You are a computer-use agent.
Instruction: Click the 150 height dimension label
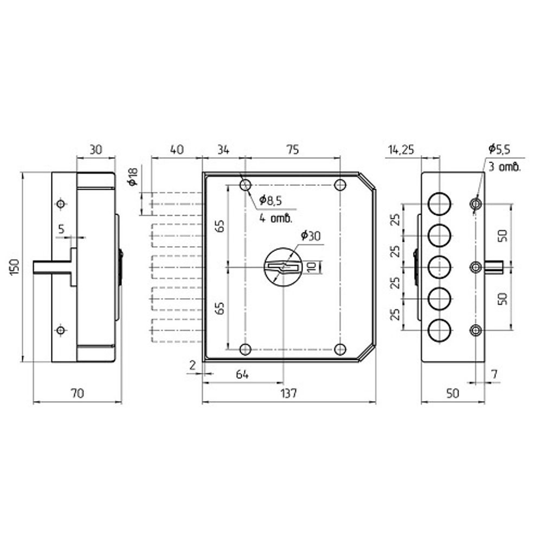15,267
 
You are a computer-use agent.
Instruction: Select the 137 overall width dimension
289,393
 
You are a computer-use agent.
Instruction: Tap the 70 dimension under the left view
78,393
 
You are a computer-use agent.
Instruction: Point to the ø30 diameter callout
311,236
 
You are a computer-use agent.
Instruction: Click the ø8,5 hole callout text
270,200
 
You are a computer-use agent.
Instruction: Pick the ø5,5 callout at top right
499,149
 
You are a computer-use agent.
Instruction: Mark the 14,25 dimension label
401,150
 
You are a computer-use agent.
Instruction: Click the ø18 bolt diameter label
133,176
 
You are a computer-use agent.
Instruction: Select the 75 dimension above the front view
293,150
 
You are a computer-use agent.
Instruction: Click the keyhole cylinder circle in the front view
283,267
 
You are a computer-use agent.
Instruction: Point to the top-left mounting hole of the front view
245,185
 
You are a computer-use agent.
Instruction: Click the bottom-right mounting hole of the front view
340,350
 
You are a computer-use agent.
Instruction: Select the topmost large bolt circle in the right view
440,204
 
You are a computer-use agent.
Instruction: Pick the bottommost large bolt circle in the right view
440,331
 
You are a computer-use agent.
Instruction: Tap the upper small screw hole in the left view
61,204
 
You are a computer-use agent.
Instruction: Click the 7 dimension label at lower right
494,375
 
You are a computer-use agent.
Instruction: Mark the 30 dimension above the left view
96,150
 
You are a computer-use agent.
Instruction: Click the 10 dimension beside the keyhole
311,267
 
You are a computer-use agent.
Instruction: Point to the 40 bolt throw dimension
177,150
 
